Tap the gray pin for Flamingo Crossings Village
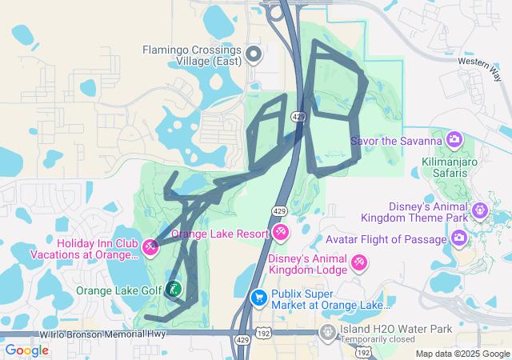254,54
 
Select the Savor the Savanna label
396,142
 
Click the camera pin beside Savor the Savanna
454,141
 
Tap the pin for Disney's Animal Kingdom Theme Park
479,211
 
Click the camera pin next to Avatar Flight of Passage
459,238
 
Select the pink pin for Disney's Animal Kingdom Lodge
359,262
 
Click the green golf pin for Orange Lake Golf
174,290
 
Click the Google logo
27,350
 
